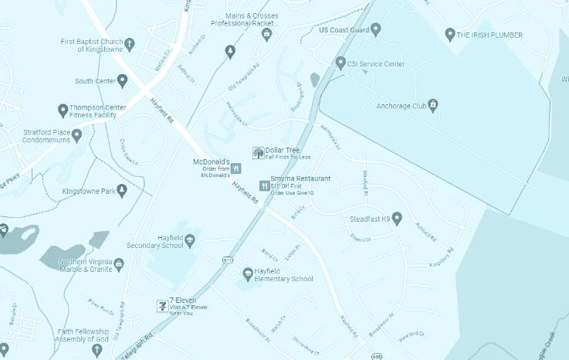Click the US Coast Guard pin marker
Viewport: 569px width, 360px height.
(376, 30)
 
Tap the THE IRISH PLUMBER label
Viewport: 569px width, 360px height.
(489, 35)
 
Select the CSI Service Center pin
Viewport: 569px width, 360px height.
(340, 63)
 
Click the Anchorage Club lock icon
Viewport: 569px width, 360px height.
(433, 104)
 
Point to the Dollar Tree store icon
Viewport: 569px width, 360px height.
(258, 152)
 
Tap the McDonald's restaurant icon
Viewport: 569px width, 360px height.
(235, 167)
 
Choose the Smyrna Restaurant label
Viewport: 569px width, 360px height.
(300, 178)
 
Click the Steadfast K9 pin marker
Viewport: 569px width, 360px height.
(397, 219)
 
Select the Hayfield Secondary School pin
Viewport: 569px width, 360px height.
(189, 244)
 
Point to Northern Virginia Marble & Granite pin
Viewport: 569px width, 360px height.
(119, 266)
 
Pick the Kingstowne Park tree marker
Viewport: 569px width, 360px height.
(121, 190)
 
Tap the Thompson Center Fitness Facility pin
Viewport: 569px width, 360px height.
(63, 111)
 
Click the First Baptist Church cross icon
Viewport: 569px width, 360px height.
(129, 43)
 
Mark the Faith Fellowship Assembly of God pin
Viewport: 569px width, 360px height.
(97, 350)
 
